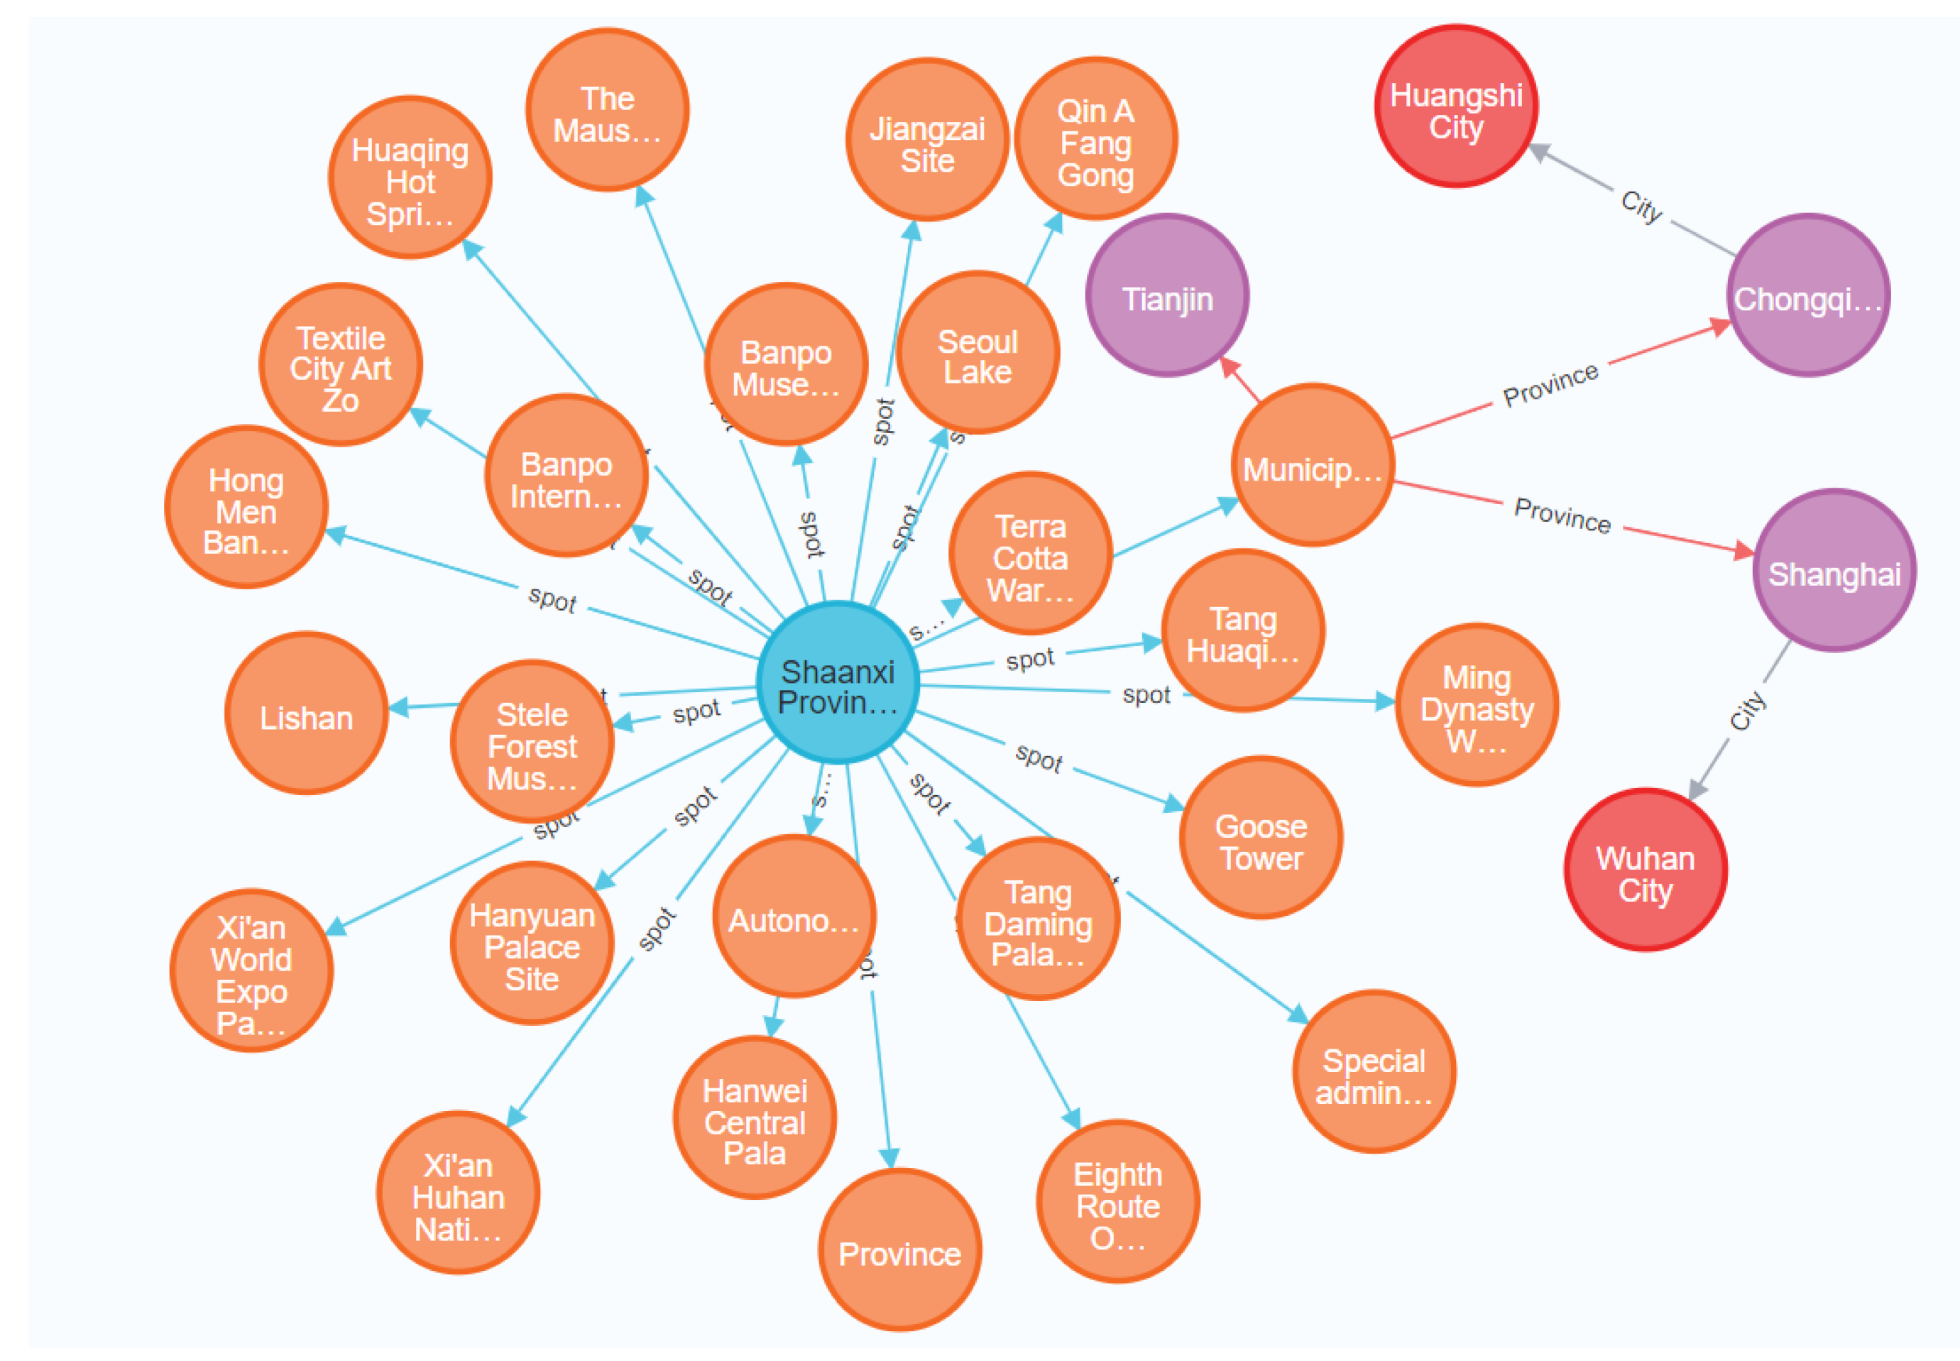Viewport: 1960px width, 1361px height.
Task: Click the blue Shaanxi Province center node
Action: tap(836, 683)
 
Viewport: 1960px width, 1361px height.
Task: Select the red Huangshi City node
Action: tap(1456, 106)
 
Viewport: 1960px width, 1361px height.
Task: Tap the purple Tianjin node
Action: tap(1167, 295)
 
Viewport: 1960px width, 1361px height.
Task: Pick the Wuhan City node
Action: tap(1645, 869)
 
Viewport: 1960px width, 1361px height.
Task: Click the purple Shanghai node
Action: tap(1834, 571)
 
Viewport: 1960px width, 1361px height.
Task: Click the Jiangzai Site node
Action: tap(926, 140)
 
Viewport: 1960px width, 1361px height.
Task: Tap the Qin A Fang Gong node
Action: tap(1095, 139)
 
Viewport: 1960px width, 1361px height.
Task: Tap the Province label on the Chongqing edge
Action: tap(1550, 385)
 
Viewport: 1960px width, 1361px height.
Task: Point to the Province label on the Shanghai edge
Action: tap(1562, 515)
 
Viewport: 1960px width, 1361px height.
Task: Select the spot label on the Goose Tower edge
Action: tap(1039, 756)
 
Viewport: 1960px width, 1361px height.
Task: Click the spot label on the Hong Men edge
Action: tap(552, 598)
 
